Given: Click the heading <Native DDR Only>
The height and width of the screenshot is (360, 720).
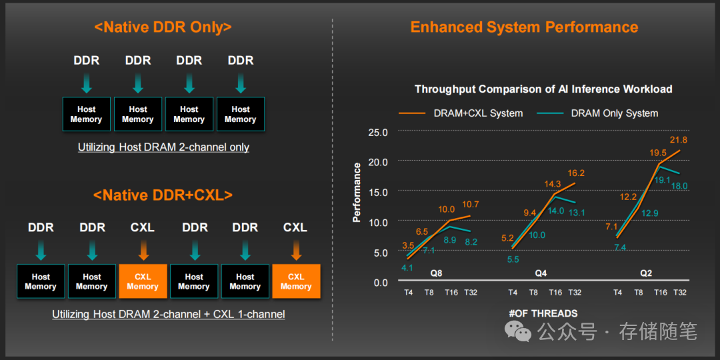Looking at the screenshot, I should point(163,27).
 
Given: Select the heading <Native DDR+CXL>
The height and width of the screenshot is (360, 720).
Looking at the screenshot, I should point(163,195).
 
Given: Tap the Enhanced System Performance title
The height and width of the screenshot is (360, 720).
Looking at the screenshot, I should point(524,27).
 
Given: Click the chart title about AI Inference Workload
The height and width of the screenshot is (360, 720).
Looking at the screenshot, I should point(543,89).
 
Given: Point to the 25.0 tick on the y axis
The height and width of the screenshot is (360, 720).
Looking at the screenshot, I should point(378,132).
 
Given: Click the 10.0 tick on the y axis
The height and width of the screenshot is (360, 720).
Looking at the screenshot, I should point(378,222).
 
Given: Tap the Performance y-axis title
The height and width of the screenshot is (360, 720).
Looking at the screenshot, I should point(357,192).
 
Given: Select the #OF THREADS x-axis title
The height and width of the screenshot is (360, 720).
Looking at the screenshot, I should point(543,313).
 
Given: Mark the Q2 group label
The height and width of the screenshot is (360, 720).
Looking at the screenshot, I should point(645,273).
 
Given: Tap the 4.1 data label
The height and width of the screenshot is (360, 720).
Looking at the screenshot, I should point(407,267).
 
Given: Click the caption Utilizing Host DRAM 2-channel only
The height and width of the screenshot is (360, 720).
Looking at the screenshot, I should point(163,147).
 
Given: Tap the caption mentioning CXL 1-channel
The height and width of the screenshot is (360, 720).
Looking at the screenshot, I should point(169,313).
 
